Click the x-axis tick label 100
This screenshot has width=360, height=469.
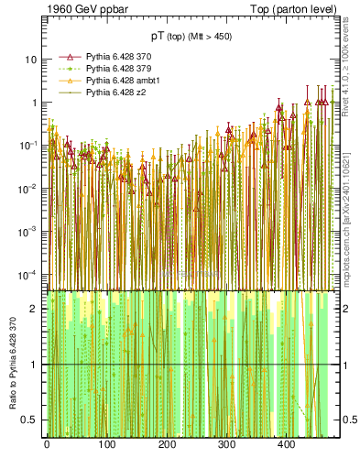click(x=106, y=445)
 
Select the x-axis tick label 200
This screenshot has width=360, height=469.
click(x=166, y=445)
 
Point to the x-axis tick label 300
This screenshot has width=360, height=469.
click(x=226, y=445)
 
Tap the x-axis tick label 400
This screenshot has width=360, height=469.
click(x=286, y=445)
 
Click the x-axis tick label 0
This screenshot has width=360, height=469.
click(x=47, y=445)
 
